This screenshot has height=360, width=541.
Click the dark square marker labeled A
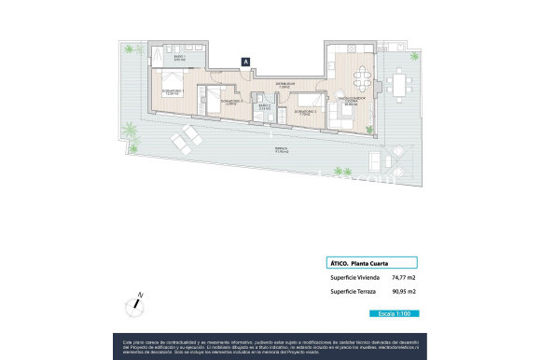click(x=245, y=62)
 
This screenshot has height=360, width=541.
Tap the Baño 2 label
click(x=263, y=107)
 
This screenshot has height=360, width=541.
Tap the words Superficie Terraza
click(x=351, y=293)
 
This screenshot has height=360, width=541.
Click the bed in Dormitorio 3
click(x=214, y=96)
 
